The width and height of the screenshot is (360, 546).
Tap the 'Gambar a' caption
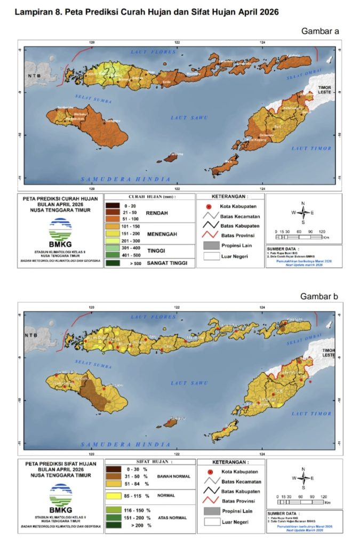(x=321, y=31)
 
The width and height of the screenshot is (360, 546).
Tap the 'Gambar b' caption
(x=321, y=296)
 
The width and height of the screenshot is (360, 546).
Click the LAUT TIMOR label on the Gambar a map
(x=314, y=148)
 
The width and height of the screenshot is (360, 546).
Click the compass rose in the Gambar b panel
(x=303, y=478)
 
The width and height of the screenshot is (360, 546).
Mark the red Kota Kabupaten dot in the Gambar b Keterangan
(x=210, y=472)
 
